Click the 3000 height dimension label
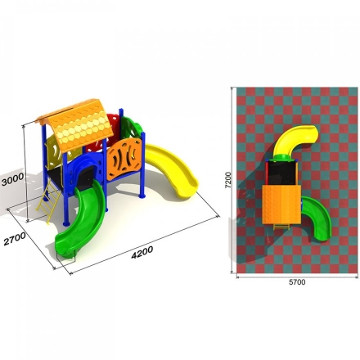pos(12,179)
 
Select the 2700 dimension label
pos(15,239)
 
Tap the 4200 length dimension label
pos(142,252)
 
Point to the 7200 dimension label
pos(228,180)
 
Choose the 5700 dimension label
pos(297,282)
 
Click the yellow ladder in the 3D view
pos(48,201)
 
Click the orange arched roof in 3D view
pos(76,124)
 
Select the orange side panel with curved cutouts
pos(124,159)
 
